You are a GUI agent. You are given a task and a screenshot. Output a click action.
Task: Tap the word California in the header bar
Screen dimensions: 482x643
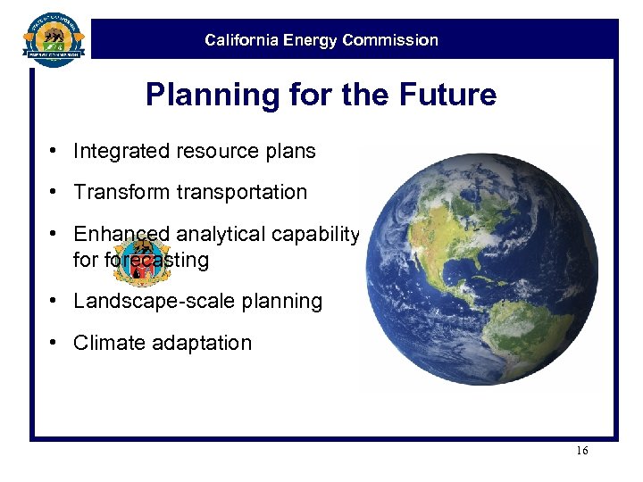[x=240, y=40]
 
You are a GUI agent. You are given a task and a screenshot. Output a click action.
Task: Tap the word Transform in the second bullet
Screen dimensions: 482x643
[x=116, y=192]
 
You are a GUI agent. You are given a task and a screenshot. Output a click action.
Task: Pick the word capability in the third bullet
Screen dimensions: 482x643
[x=316, y=234]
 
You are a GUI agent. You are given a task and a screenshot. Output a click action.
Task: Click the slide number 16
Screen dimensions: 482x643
[x=581, y=451]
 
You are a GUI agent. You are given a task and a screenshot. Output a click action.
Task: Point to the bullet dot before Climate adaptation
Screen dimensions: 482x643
[x=54, y=343]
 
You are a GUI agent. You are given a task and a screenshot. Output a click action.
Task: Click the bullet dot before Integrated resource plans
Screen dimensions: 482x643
[x=54, y=151]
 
